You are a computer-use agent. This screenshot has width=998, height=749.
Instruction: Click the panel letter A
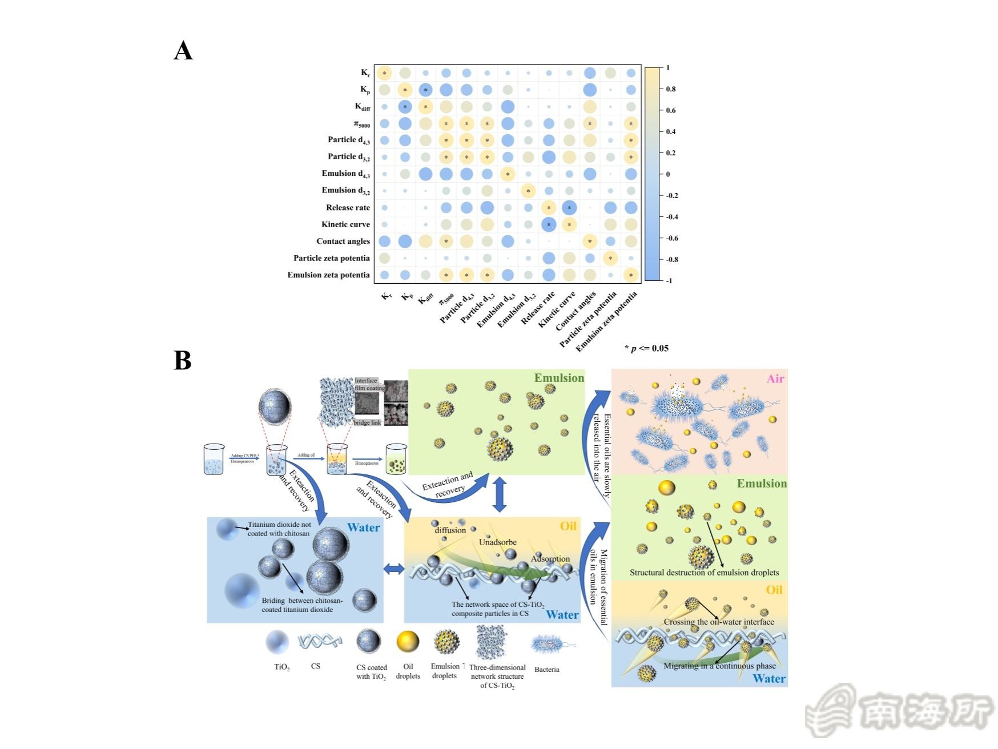tap(183, 51)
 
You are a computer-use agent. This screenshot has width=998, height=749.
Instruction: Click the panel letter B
tap(182, 360)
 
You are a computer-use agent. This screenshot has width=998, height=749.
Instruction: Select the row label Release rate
tap(348, 208)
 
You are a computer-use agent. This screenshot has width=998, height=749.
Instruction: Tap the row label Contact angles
tap(343, 241)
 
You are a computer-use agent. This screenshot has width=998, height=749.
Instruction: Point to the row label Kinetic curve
tap(345, 224)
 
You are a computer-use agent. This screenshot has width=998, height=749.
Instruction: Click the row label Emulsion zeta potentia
tap(328, 275)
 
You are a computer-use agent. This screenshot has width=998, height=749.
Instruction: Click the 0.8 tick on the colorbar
tap(671, 89)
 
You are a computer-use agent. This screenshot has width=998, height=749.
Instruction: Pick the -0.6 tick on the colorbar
tap(672, 238)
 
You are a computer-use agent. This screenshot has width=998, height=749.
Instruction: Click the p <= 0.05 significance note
tap(646, 348)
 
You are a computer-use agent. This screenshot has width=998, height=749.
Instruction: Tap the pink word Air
tap(775, 378)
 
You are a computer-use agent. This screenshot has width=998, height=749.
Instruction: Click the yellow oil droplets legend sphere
tap(408, 642)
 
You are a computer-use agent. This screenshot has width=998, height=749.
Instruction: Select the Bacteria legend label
tap(546, 670)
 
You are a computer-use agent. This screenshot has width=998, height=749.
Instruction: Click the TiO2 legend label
tap(281, 667)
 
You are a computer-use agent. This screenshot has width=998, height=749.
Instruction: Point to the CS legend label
tap(315, 666)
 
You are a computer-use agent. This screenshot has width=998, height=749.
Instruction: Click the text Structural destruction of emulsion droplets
tap(704, 573)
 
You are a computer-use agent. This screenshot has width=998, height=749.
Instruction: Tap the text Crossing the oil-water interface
tap(719, 622)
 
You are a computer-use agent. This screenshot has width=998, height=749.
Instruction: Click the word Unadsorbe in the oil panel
tap(498, 542)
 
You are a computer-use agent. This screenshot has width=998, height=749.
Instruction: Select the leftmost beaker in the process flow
tap(214, 459)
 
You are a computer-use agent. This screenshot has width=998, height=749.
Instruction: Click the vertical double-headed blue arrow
tap(500, 494)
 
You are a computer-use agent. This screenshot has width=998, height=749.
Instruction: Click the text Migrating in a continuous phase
tap(719, 666)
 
